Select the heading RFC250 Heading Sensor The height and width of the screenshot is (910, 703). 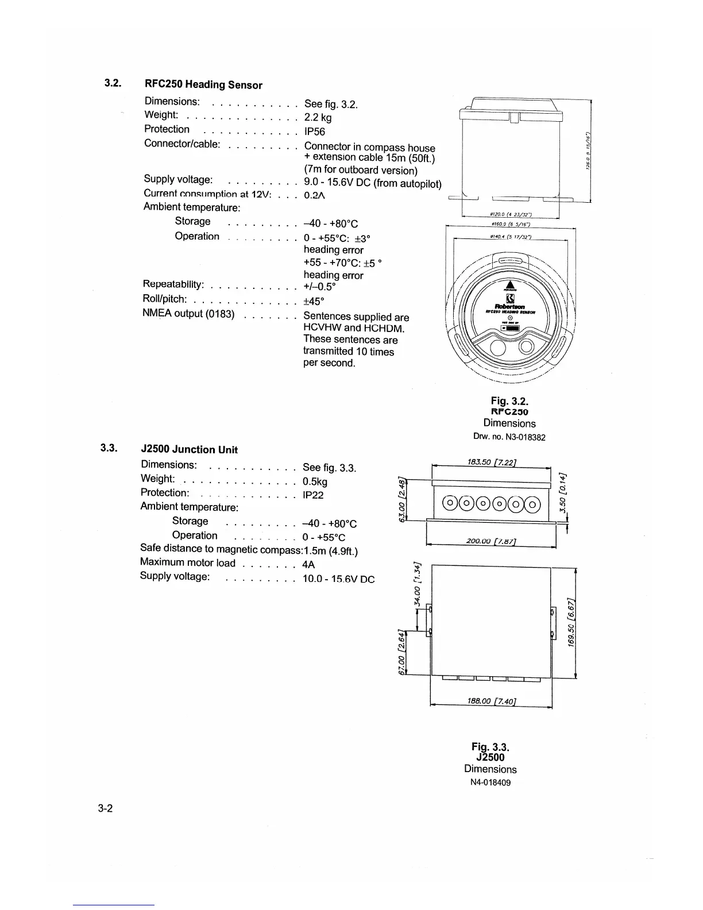tap(203, 85)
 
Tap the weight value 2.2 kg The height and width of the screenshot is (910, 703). tap(318, 118)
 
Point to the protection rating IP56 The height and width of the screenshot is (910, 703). tap(315, 132)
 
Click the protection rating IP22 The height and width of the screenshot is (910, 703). tap(313, 495)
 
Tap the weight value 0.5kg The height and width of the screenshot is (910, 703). tap(315, 481)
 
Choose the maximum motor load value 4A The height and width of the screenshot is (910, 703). tap(308, 565)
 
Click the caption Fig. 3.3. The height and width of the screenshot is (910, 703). tap(490, 747)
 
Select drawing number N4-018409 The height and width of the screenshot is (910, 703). tap(490, 782)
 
